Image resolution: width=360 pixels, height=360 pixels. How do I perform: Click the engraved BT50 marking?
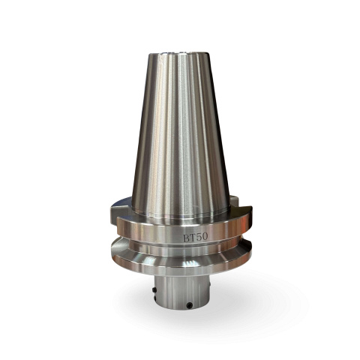tap(195, 237)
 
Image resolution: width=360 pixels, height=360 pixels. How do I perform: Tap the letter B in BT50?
tap(187, 238)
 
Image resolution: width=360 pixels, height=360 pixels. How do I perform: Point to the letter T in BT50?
tap(193, 238)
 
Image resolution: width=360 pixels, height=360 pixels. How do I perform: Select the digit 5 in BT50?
tap(199, 237)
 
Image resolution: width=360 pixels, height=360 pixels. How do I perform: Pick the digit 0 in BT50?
tap(205, 236)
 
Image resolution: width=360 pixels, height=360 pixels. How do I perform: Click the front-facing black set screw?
tap(190, 305)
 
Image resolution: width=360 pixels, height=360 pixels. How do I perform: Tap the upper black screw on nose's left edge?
tap(154, 289)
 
